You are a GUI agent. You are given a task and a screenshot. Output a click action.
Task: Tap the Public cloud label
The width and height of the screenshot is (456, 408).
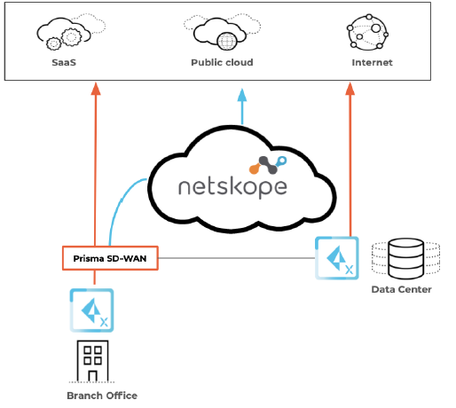point(222,64)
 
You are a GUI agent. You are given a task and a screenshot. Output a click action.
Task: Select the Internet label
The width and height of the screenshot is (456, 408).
point(371,64)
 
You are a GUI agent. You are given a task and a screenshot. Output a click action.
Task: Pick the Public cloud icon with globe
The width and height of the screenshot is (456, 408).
point(220,34)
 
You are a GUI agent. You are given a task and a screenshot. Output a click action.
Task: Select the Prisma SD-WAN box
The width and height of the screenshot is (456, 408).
point(109,258)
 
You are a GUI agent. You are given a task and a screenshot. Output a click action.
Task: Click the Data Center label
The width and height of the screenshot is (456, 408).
point(403,290)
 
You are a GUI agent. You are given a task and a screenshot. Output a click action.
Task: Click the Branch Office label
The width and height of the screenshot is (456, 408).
point(102,396)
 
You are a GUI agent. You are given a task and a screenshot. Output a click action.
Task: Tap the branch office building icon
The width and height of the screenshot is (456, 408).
point(92,359)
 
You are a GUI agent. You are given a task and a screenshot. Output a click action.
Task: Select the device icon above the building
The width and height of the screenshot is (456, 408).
point(92,309)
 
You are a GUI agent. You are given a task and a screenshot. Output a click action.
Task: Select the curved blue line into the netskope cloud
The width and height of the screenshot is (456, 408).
point(120,208)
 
